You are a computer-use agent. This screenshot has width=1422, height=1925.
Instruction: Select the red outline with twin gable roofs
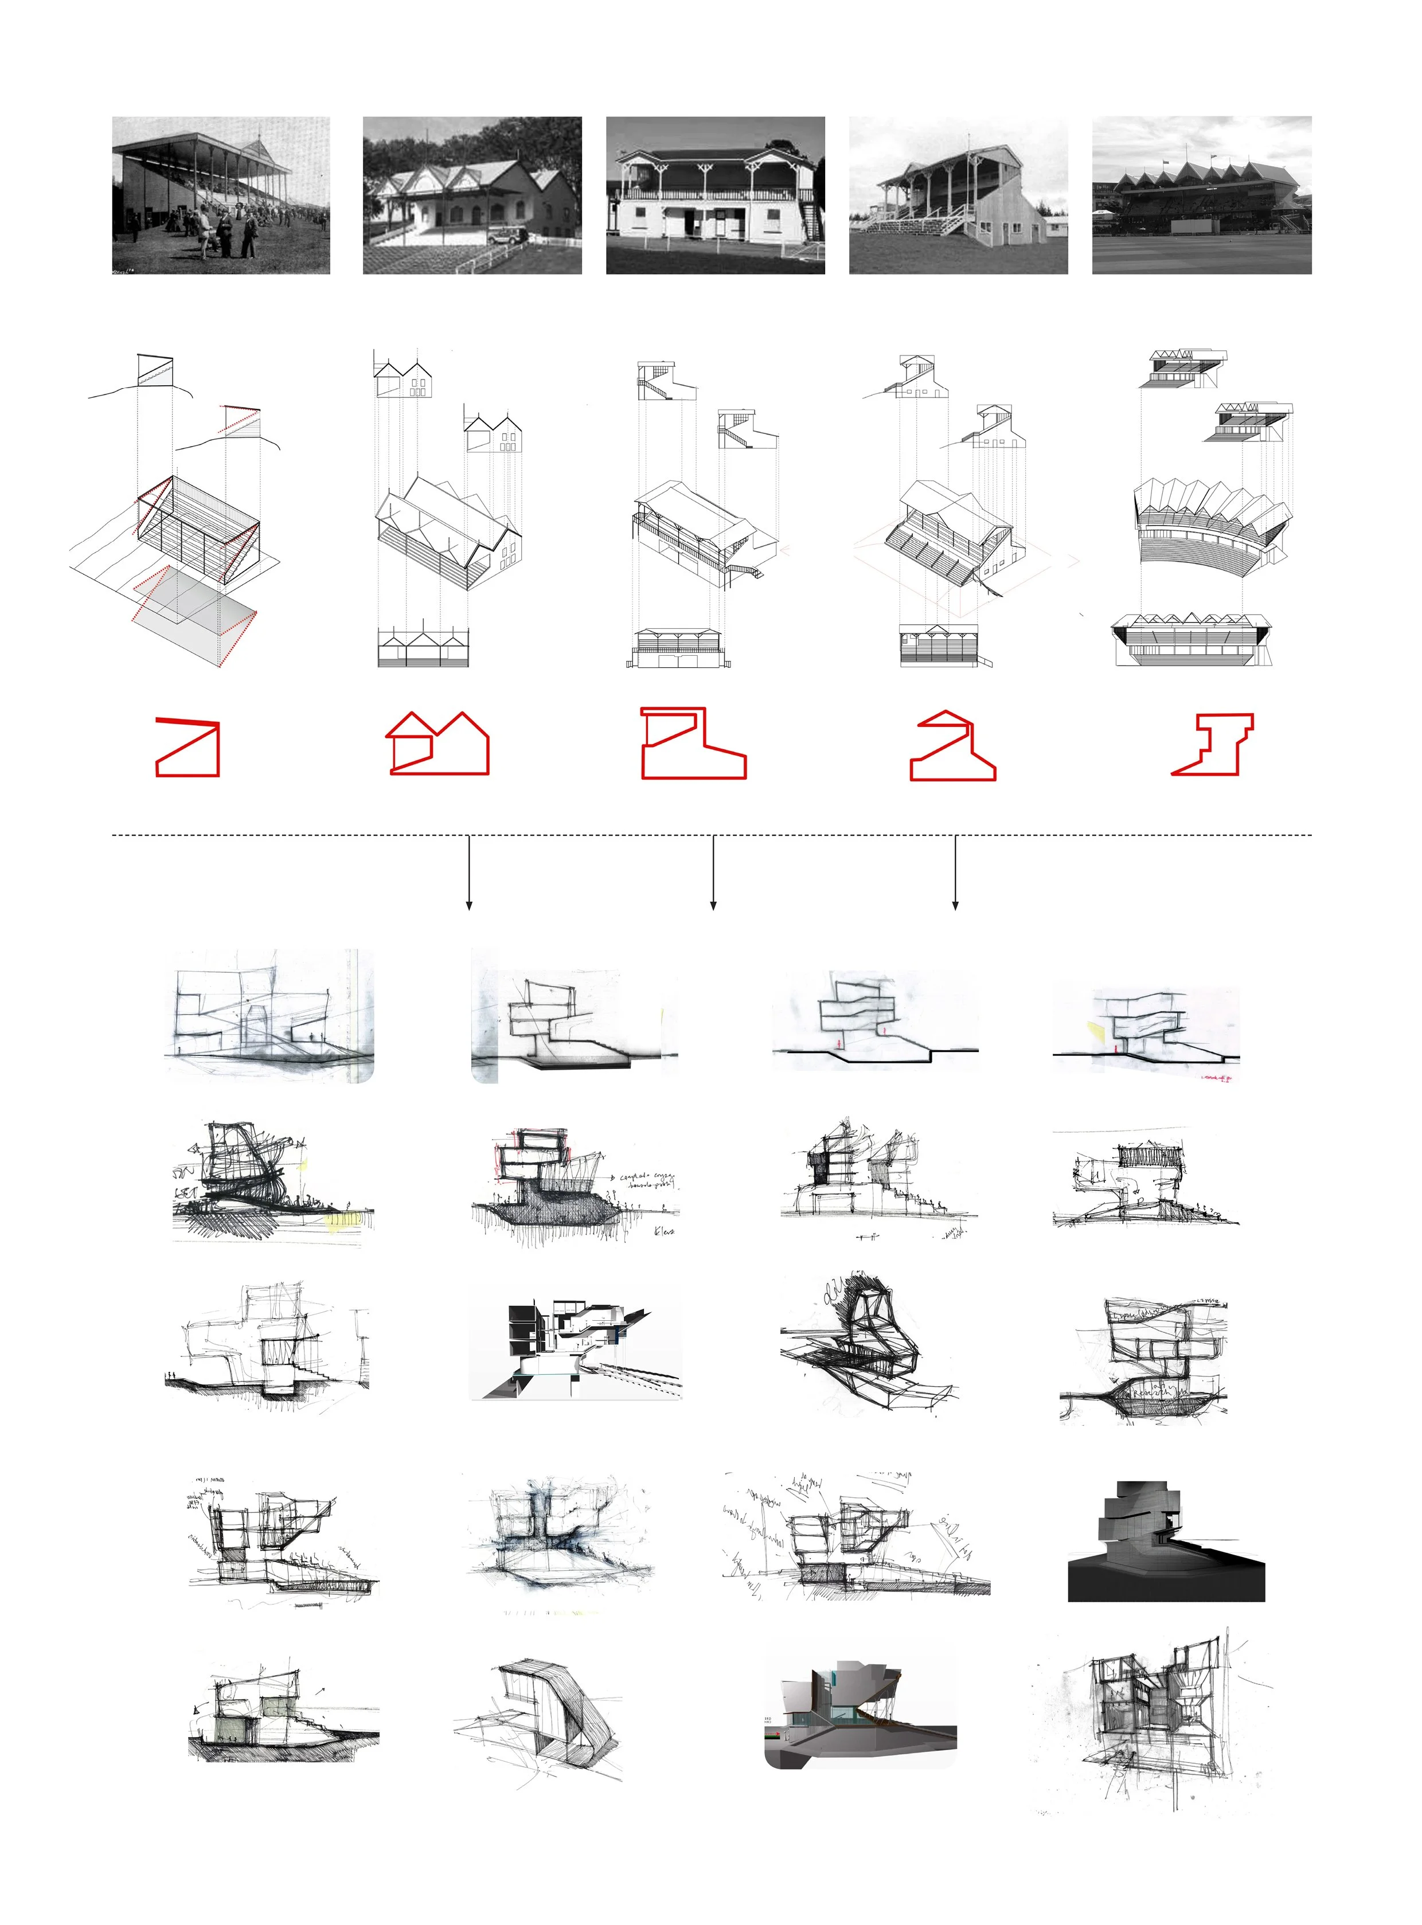437,744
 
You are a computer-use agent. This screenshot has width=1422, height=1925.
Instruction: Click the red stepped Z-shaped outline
1212,744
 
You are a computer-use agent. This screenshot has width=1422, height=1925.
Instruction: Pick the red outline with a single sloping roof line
187,747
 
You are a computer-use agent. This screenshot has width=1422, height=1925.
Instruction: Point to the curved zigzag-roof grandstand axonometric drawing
1212,525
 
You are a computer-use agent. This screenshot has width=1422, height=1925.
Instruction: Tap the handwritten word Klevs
663,1231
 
